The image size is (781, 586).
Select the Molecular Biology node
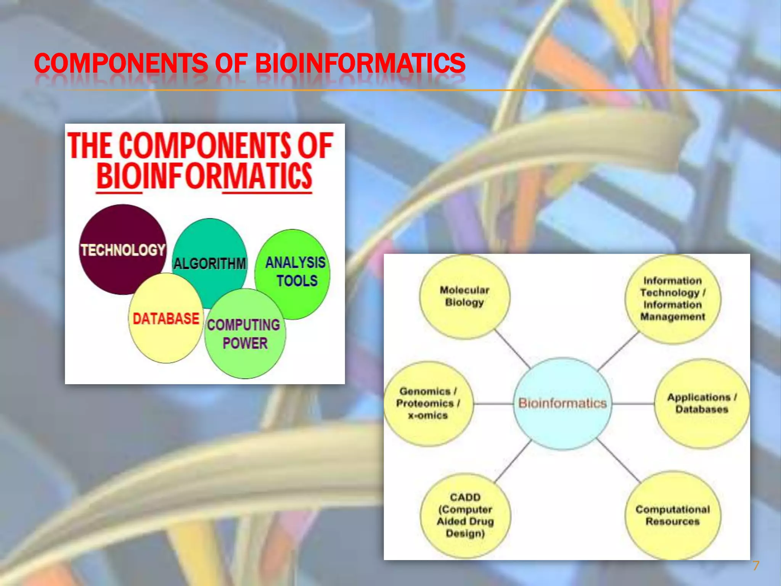pyautogui.click(x=464, y=296)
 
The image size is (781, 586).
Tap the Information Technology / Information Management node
pyautogui.click(x=673, y=299)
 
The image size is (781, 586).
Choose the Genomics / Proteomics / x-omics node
pyautogui.click(x=427, y=403)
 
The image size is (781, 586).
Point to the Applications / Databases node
pyautogui.click(x=701, y=403)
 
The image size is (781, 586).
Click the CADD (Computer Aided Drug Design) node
pyautogui.click(x=465, y=515)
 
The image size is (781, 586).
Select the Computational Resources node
pyautogui.click(x=673, y=515)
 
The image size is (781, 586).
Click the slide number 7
pyautogui.click(x=755, y=566)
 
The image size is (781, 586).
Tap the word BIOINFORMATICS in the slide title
pyautogui.click(x=360, y=63)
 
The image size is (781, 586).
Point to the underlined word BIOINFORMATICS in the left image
pyautogui.click(x=204, y=176)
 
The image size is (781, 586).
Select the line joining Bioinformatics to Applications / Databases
pyautogui.click(x=633, y=403)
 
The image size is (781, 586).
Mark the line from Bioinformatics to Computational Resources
pyautogui.click(x=619, y=461)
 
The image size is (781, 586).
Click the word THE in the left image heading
pyautogui.click(x=90, y=146)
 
